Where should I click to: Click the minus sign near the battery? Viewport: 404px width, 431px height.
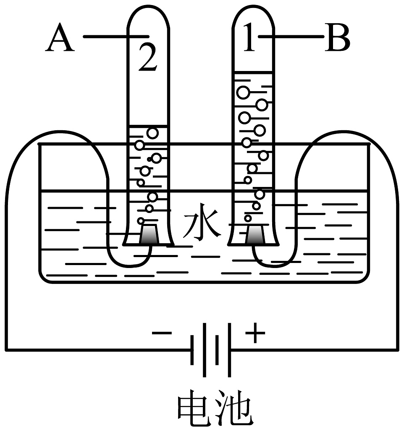click(x=162, y=333)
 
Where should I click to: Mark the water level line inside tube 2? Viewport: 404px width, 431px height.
click(x=147, y=126)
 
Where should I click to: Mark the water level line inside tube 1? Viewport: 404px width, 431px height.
click(x=253, y=72)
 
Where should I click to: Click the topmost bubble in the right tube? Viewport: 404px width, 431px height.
click(x=243, y=92)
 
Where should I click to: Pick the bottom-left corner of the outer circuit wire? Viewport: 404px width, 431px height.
click(x=7, y=349)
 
